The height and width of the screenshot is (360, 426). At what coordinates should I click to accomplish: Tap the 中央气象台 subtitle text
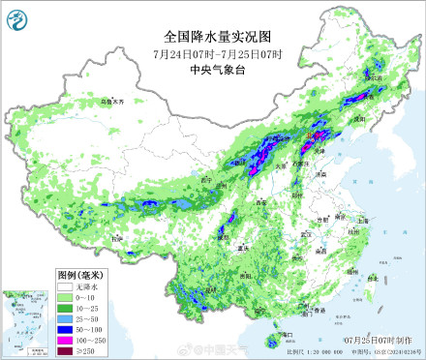coord(213,69)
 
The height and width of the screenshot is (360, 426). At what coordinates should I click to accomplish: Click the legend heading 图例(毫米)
coord(77,275)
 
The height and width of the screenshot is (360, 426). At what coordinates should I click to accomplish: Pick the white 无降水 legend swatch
coord(63,286)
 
